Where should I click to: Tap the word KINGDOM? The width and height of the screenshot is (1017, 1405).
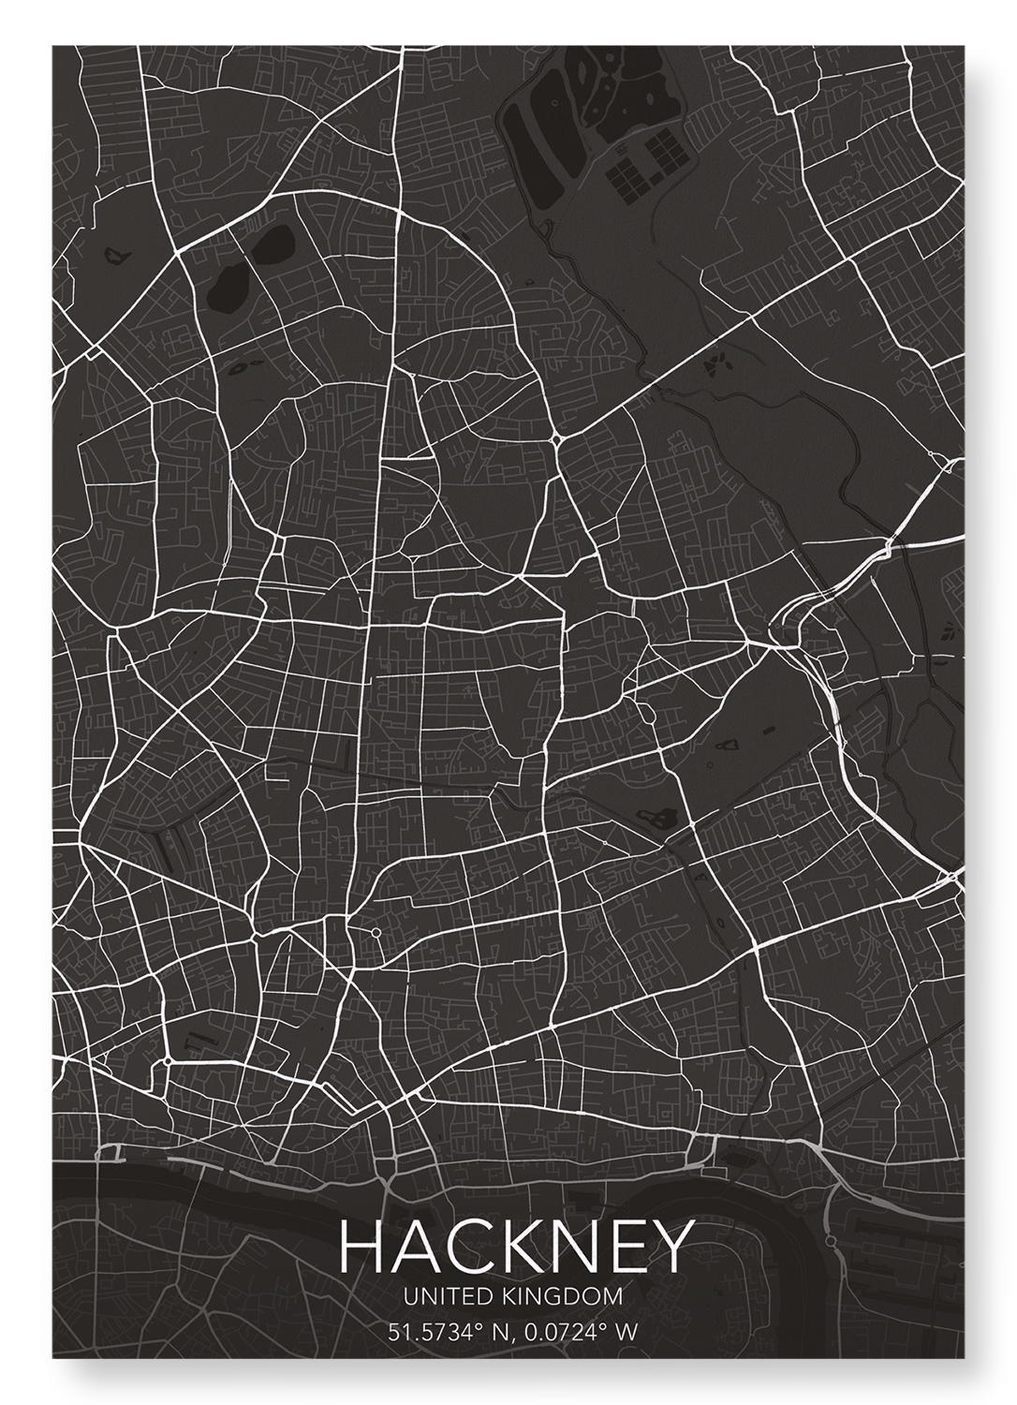[x=561, y=1297]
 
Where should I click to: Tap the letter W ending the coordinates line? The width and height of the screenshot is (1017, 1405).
[x=626, y=1331]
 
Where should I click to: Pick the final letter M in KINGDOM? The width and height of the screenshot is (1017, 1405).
[x=613, y=1297]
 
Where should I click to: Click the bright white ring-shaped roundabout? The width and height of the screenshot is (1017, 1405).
[x=376, y=932]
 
